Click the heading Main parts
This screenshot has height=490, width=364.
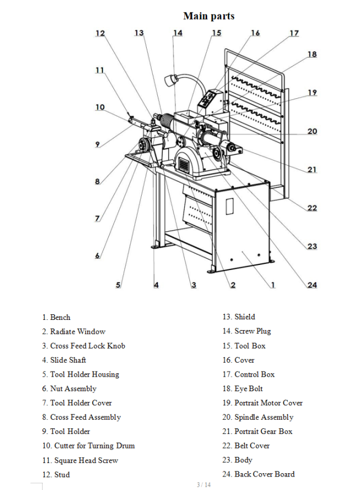point(208,16)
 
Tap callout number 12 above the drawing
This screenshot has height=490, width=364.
point(100,33)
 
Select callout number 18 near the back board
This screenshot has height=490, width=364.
point(312,54)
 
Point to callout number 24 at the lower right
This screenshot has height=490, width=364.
point(312,285)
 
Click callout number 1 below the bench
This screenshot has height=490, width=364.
point(273,285)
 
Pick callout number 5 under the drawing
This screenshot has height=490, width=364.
point(118,285)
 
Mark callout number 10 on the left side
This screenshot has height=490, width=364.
point(100,107)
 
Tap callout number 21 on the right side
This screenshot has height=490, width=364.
point(312,170)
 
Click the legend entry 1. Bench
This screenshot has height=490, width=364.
point(56,317)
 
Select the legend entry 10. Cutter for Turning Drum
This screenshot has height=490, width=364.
point(88,446)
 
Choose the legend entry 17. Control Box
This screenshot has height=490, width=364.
point(248,374)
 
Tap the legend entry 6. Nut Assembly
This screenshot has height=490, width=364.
point(69,388)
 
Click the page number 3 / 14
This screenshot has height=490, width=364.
point(203,484)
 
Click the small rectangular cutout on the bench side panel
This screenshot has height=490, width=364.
point(228,205)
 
